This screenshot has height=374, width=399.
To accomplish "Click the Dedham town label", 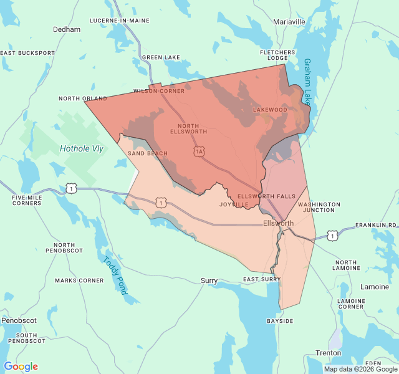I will click(x=67, y=29).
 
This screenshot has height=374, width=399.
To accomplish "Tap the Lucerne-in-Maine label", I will click(x=120, y=21).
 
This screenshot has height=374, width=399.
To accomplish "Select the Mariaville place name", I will click(x=289, y=22).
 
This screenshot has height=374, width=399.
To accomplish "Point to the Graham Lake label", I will click(x=307, y=81).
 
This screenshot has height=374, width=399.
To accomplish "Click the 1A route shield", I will click(x=199, y=151).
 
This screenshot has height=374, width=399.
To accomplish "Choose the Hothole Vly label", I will click(x=81, y=148).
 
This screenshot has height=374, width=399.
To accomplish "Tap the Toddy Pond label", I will click(x=115, y=276).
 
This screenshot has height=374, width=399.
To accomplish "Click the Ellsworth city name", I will click(x=278, y=223).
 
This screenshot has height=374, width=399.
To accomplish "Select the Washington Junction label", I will click(x=319, y=207).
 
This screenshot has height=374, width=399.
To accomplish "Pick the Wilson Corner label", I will click(x=159, y=91).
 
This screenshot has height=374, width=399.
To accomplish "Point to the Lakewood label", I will click(x=270, y=110).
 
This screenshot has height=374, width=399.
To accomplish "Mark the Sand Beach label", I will click(x=148, y=153).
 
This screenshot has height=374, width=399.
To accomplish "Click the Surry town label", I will click(x=209, y=281).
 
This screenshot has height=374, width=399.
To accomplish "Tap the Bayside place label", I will click(x=280, y=321).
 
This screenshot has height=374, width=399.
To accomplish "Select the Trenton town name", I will click(x=328, y=353).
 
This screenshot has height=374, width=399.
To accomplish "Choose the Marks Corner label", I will click(x=79, y=280).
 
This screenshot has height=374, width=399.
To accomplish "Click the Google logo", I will click(x=21, y=367).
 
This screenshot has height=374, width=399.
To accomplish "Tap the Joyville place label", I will click(x=234, y=204).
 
